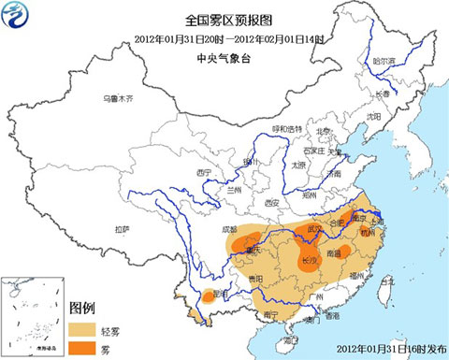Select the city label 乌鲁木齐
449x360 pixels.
click(121, 98)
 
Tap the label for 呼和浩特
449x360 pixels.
click(287, 128)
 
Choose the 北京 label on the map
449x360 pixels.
click(323, 131)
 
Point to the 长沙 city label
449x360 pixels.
click(308, 261)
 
